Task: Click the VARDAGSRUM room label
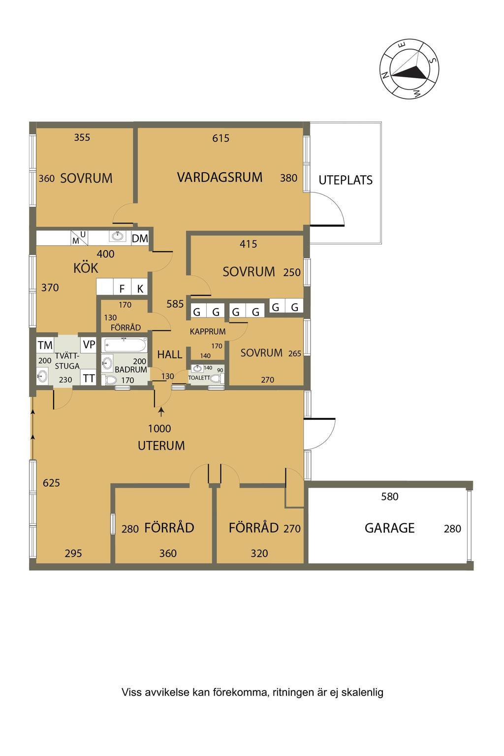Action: [x=220, y=177]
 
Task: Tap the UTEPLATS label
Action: [x=346, y=180]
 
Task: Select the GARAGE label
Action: [x=389, y=528]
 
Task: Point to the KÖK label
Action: [x=86, y=268]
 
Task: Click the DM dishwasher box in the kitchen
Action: [x=140, y=238]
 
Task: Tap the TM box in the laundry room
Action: [x=45, y=345]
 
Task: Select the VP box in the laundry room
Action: [x=89, y=345]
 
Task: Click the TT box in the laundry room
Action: [x=89, y=378]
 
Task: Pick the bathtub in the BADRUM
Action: [x=125, y=345]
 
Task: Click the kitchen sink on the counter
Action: [x=118, y=236]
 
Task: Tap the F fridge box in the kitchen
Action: [x=122, y=288]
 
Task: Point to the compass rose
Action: [x=409, y=69]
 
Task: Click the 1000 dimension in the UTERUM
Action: [x=159, y=428]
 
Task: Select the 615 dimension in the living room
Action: [x=221, y=138]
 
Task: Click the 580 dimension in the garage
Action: [x=389, y=497]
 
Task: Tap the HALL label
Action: [x=169, y=354]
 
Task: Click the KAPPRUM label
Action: [x=208, y=331]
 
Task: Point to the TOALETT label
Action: [x=199, y=378]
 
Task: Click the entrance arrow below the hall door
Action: [x=161, y=412]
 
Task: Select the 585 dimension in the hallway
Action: [x=175, y=304]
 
